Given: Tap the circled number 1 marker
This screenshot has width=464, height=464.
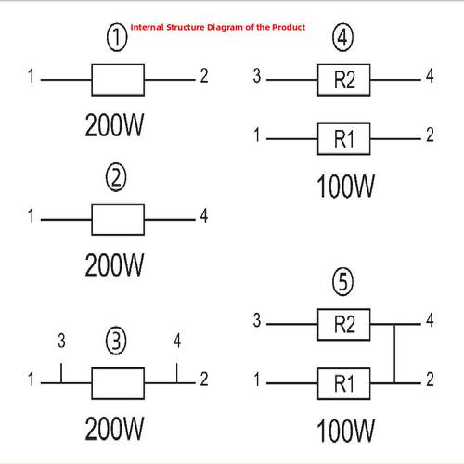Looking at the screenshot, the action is [x=117, y=38].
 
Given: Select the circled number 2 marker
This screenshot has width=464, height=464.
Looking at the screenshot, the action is [x=116, y=177].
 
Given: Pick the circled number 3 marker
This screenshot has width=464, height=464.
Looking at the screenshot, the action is [x=116, y=341].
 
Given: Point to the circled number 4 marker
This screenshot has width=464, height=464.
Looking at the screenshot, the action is [x=342, y=38].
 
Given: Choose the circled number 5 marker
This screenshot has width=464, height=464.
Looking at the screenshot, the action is [x=342, y=282].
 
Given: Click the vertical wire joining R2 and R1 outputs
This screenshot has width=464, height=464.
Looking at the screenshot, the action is [x=394, y=354].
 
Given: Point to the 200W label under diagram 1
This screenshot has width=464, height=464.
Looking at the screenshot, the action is [x=114, y=125].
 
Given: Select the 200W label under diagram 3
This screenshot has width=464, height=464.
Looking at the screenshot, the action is [x=114, y=429].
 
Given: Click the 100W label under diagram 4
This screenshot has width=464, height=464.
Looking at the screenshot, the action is [x=346, y=186].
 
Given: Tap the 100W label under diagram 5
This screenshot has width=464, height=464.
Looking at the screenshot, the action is [x=346, y=431].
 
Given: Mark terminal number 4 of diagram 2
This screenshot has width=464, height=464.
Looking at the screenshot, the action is [x=204, y=215].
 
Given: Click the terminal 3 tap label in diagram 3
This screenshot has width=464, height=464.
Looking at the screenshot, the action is [x=61, y=341].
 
